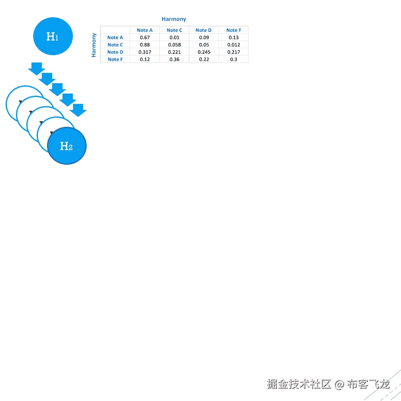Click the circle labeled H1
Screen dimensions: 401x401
tap(53, 37)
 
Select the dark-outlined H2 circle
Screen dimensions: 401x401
tap(66, 146)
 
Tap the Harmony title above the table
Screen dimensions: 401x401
tap(174, 19)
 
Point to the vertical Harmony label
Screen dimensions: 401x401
tap(94, 45)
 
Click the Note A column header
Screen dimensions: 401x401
tap(145, 30)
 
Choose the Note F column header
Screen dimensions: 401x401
tap(234, 30)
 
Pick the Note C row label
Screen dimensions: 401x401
tap(115, 45)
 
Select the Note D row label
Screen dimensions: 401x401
tap(115, 52)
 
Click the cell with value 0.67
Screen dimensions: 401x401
tap(145, 38)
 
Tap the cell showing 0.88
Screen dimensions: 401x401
tap(145, 45)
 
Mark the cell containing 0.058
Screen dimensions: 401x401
tap(175, 45)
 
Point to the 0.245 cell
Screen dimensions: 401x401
tap(204, 52)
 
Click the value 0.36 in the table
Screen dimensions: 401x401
tap(175, 60)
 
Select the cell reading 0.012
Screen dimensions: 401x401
tap(234, 45)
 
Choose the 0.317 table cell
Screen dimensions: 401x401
tap(145, 52)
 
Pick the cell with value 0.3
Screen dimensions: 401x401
tap(234, 60)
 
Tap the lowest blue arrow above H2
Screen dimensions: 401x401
tap(78, 110)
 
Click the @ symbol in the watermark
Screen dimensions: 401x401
tap(339, 384)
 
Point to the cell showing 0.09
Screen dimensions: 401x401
tap(204, 38)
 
